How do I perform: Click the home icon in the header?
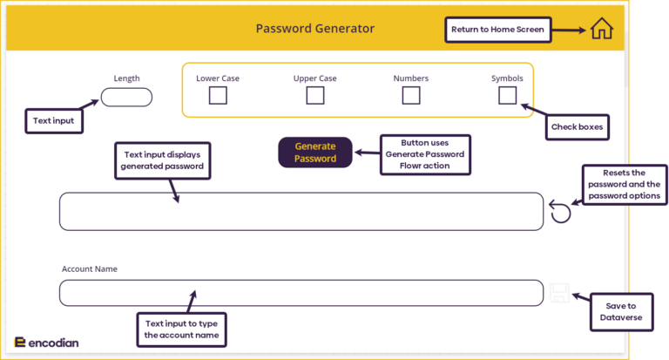click(x=601, y=29)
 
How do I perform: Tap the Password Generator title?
click(x=314, y=29)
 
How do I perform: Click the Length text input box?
click(x=126, y=98)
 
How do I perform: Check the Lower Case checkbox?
click(x=218, y=96)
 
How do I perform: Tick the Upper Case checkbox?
click(x=314, y=96)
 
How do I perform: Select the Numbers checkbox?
click(x=411, y=96)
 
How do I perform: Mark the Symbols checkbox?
click(x=507, y=96)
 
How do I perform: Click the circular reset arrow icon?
click(x=561, y=212)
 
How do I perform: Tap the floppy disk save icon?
click(x=559, y=293)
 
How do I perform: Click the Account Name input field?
click(x=301, y=293)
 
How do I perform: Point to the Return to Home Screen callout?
click(x=497, y=30)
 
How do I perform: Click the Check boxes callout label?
click(x=577, y=127)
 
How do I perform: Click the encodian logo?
click(x=47, y=343)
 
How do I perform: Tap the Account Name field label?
click(x=89, y=269)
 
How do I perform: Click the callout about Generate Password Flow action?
click(x=425, y=153)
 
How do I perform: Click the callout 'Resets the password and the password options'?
click(x=623, y=185)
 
